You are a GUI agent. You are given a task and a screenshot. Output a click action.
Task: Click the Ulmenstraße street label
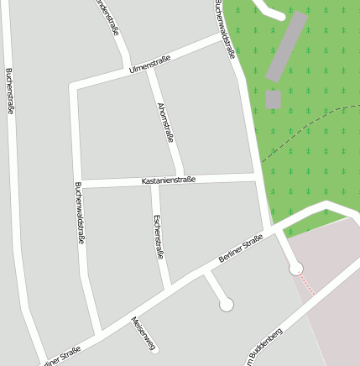[150, 64]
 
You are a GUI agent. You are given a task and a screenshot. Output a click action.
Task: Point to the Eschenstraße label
[158, 236]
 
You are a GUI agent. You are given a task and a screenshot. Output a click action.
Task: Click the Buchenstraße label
[10, 90]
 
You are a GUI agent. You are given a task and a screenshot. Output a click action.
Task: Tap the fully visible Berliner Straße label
[241, 249]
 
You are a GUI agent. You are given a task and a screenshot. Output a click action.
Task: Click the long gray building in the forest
[286, 47]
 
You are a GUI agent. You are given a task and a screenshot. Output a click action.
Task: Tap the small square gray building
[273, 99]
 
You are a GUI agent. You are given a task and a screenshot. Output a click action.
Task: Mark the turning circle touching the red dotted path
[295, 269]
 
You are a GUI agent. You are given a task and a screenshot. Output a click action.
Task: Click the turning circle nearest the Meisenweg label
[226, 306]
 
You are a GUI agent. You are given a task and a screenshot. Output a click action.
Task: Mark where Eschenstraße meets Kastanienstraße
[154, 181]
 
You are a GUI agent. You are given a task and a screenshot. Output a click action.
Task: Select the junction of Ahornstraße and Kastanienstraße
[180, 179]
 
